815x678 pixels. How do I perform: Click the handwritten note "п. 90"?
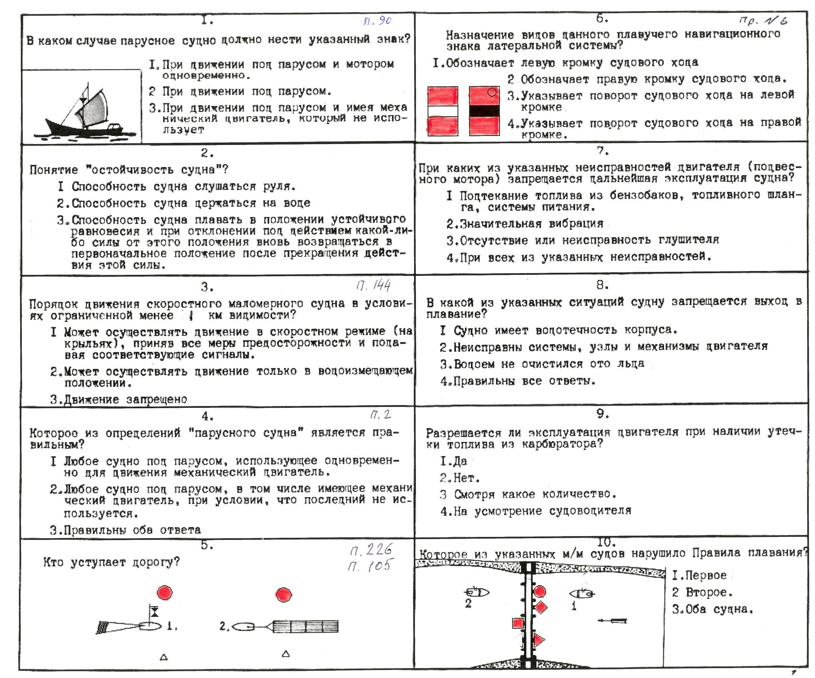pyautogui.click(x=377, y=21)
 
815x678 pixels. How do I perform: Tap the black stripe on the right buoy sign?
pyautogui.click(x=484, y=111)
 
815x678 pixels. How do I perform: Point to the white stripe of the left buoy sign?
pyautogui.click(x=443, y=111)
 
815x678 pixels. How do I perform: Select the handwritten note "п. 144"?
pyautogui.click(x=374, y=285)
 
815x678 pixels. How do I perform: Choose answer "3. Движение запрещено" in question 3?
pyautogui.click(x=119, y=399)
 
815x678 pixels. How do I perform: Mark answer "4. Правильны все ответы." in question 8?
pyautogui.click(x=518, y=381)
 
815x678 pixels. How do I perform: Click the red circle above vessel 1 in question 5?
pyautogui.click(x=165, y=593)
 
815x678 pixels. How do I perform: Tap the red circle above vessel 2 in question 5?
pyautogui.click(x=284, y=594)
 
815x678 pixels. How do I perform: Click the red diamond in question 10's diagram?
pyautogui.click(x=541, y=607)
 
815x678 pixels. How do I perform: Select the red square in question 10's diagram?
pyautogui.click(x=518, y=623)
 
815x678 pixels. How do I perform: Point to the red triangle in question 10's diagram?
pyautogui.click(x=538, y=640)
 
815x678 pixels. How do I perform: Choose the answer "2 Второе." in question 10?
pyautogui.click(x=702, y=593)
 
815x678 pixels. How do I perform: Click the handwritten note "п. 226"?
pyautogui.click(x=371, y=550)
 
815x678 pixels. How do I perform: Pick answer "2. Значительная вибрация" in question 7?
pyautogui.click(x=525, y=224)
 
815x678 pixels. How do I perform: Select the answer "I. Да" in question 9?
pyautogui.click(x=453, y=461)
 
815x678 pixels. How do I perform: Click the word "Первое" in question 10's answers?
pyautogui.click(x=706, y=575)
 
